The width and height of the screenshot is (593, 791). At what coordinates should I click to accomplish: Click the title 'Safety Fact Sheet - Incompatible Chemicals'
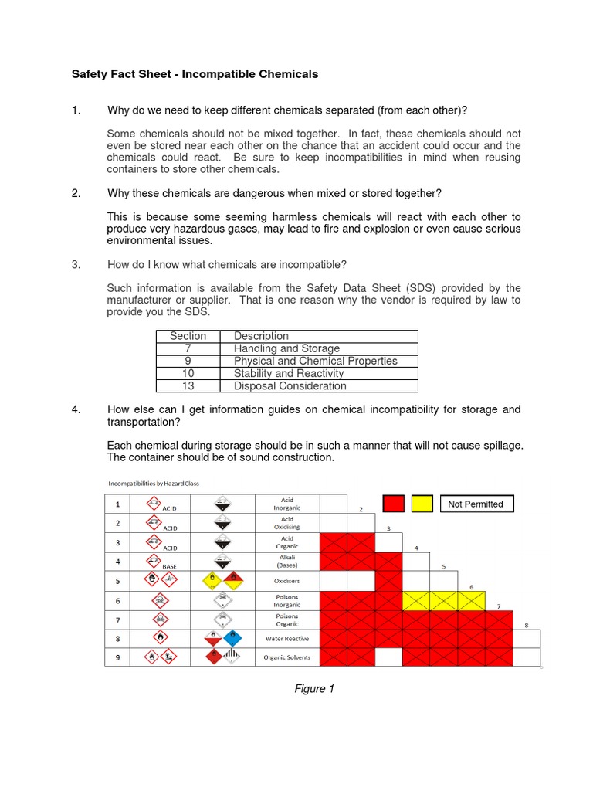(x=195, y=75)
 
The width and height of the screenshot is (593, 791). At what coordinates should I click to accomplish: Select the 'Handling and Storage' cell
(x=286, y=348)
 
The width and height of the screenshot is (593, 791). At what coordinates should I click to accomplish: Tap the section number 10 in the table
(x=188, y=373)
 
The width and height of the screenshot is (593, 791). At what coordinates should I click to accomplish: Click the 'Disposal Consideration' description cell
(x=290, y=385)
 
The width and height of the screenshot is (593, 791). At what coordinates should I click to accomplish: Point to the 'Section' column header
(x=188, y=336)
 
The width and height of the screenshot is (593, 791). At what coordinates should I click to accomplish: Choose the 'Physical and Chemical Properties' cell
(x=315, y=361)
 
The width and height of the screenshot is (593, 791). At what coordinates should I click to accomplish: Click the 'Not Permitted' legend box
(x=475, y=504)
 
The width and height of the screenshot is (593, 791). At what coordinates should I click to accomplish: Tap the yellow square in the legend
(x=422, y=504)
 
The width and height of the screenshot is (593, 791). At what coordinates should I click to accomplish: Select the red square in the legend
(x=394, y=504)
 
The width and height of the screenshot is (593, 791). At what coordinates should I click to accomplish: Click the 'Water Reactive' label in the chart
(x=286, y=639)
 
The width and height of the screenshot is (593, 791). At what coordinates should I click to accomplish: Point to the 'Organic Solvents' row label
(x=286, y=657)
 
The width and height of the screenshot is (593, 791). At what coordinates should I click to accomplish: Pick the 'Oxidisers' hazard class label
(x=286, y=581)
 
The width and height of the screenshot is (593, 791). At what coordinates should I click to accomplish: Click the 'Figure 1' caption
(x=314, y=689)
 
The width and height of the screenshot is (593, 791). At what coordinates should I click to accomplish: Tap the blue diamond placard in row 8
(x=232, y=638)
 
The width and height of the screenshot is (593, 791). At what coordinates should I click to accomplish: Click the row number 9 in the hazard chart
(x=118, y=657)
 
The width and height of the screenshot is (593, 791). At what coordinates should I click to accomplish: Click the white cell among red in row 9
(x=388, y=657)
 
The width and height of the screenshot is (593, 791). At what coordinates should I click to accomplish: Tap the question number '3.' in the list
(x=76, y=264)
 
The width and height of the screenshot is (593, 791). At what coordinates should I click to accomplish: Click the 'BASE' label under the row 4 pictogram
(x=170, y=566)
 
